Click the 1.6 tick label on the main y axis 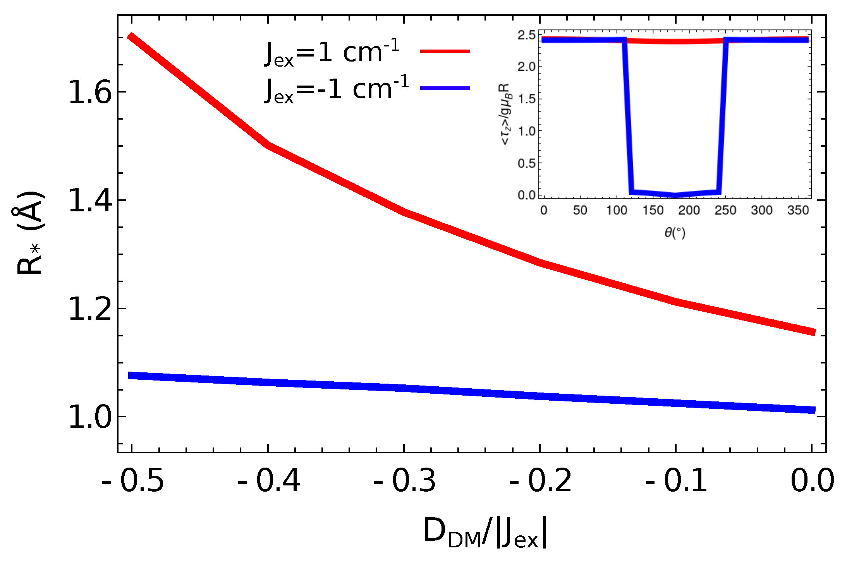tap(90, 93)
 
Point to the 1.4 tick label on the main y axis tap(90, 201)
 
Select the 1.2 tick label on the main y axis tap(90, 309)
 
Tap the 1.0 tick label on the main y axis tap(90, 418)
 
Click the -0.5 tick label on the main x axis tap(133, 481)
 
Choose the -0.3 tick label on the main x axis tap(404, 481)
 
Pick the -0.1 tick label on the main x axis tap(676, 481)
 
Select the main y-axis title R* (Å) tap(30, 232)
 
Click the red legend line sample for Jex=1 tap(445, 51)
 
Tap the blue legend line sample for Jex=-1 tap(445, 88)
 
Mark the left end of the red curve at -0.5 tap(132, 37)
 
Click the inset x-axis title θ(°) tap(675, 233)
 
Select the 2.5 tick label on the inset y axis tap(526, 35)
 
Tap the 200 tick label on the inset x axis tap(689, 210)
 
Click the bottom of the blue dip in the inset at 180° tap(675, 195)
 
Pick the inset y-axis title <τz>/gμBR tap(506, 114)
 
